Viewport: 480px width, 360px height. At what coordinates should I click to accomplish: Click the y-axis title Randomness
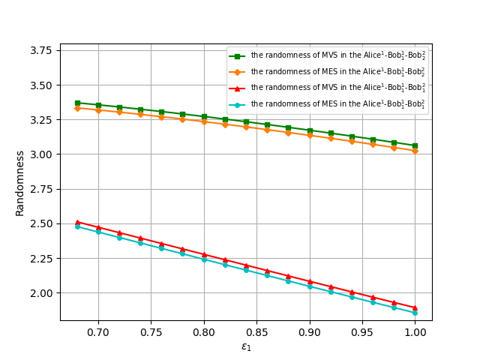click(x=20, y=182)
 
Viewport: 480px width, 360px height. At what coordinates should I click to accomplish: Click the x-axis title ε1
click(x=246, y=346)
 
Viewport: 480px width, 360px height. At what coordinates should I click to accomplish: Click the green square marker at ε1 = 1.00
click(x=415, y=145)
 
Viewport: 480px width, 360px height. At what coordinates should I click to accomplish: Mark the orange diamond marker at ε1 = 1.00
click(x=415, y=151)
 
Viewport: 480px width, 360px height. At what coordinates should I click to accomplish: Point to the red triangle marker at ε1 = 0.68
click(x=77, y=222)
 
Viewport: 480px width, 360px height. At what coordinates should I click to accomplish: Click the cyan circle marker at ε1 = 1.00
click(x=415, y=313)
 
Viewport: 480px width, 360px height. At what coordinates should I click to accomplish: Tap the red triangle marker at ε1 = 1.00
click(x=415, y=307)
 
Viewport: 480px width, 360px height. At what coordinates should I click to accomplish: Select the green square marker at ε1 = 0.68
click(x=77, y=103)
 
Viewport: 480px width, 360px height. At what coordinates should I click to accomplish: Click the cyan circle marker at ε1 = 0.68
click(x=77, y=226)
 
